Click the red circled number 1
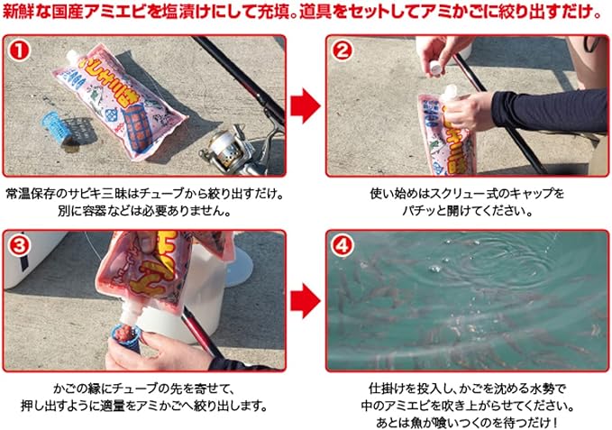(x=20, y=50)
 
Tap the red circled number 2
(x=343, y=50)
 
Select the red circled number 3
(x=20, y=245)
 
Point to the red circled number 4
(x=343, y=245)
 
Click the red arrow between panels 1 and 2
(x=306, y=105)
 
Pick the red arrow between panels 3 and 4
(x=306, y=301)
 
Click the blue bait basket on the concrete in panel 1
(x=58, y=129)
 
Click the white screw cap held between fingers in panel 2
(x=436, y=68)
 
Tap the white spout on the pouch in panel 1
(x=74, y=57)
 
